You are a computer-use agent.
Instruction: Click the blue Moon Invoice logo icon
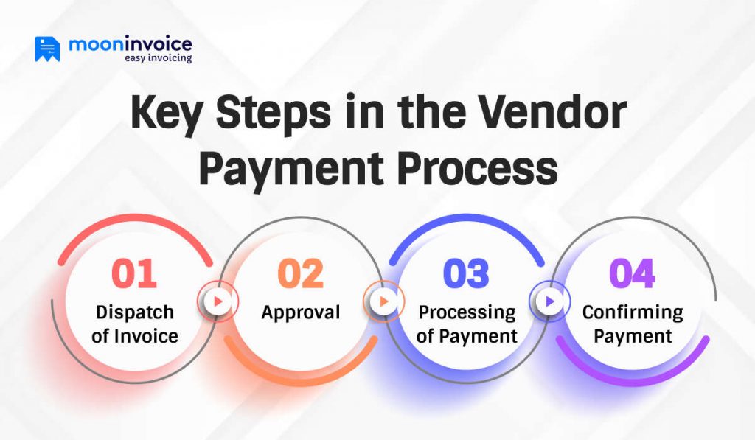tap(47, 49)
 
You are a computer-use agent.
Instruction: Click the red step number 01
tap(134, 273)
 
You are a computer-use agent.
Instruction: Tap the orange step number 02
tap(300, 273)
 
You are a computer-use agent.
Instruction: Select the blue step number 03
tap(466, 273)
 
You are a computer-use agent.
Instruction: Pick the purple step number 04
tap(632, 273)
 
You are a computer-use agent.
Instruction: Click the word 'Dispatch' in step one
tap(135, 312)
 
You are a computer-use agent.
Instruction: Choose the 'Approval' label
tap(301, 312)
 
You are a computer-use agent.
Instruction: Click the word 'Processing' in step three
tap(467, 312)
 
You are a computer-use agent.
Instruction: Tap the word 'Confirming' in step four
tap(633, 312)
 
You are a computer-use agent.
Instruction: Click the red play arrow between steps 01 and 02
tap(218, 301)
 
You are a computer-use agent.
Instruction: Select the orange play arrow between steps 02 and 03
tap(383, 301)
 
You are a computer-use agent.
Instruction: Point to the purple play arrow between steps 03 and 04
tap(549, 301)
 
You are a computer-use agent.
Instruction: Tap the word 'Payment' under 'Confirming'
tap(633, 336)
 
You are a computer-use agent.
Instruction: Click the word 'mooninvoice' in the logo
tap(130, 43)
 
